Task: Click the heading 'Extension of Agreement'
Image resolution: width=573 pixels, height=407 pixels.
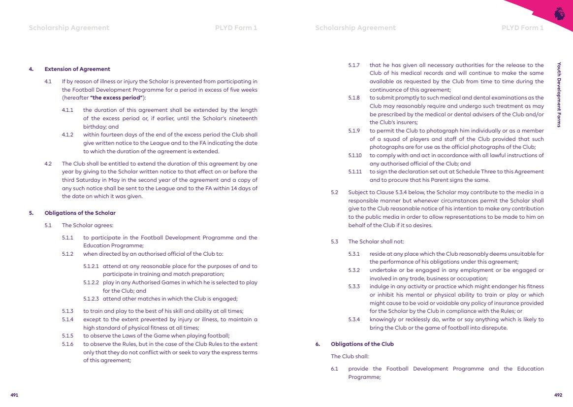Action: click(77, 69)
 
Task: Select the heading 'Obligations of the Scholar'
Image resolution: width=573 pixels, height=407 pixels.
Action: click(80, 213)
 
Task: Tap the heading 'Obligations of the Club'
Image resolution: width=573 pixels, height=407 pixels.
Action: click(362, 344)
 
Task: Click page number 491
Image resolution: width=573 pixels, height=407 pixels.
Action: click(14, 395)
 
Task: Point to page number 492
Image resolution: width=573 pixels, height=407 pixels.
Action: click(558, 395)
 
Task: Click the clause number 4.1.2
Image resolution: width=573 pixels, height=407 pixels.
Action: click(67, 135)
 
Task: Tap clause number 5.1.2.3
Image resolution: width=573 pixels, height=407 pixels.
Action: click(91, 299)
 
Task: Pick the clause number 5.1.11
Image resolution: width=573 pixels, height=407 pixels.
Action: click(355, 171)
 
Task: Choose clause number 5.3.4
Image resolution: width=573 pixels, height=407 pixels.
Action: click(354, 319)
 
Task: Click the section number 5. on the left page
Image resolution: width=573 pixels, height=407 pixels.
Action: click(31, 213)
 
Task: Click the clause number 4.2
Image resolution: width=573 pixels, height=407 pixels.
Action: click(48, 163)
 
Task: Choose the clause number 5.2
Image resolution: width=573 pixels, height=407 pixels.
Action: click(335, 192)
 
